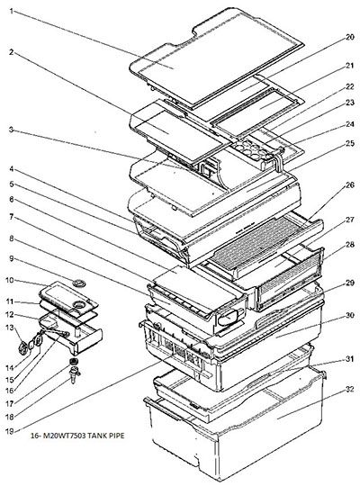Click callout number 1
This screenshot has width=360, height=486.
point(12,11)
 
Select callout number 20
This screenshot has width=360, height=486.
point(349,37)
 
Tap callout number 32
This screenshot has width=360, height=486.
point(349,390)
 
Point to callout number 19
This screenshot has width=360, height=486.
point(10,431)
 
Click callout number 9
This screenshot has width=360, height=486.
point(12,258)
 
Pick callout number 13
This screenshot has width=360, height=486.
point(10,328)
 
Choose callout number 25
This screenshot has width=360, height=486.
point(349,143)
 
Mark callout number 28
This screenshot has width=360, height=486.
point(349,245)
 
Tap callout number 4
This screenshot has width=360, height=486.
point(12,169)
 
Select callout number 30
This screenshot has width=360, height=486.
point(349,315)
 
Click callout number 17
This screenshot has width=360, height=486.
point(10,403)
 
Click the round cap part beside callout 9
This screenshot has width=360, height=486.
point(79,283)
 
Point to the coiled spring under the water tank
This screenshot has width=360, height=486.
point(74,361)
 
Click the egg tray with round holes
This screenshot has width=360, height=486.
point(253,148)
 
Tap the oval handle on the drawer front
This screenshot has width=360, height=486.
point(229,318)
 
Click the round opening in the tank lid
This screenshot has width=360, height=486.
point(79,305)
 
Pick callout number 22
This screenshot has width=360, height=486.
point(349,86)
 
